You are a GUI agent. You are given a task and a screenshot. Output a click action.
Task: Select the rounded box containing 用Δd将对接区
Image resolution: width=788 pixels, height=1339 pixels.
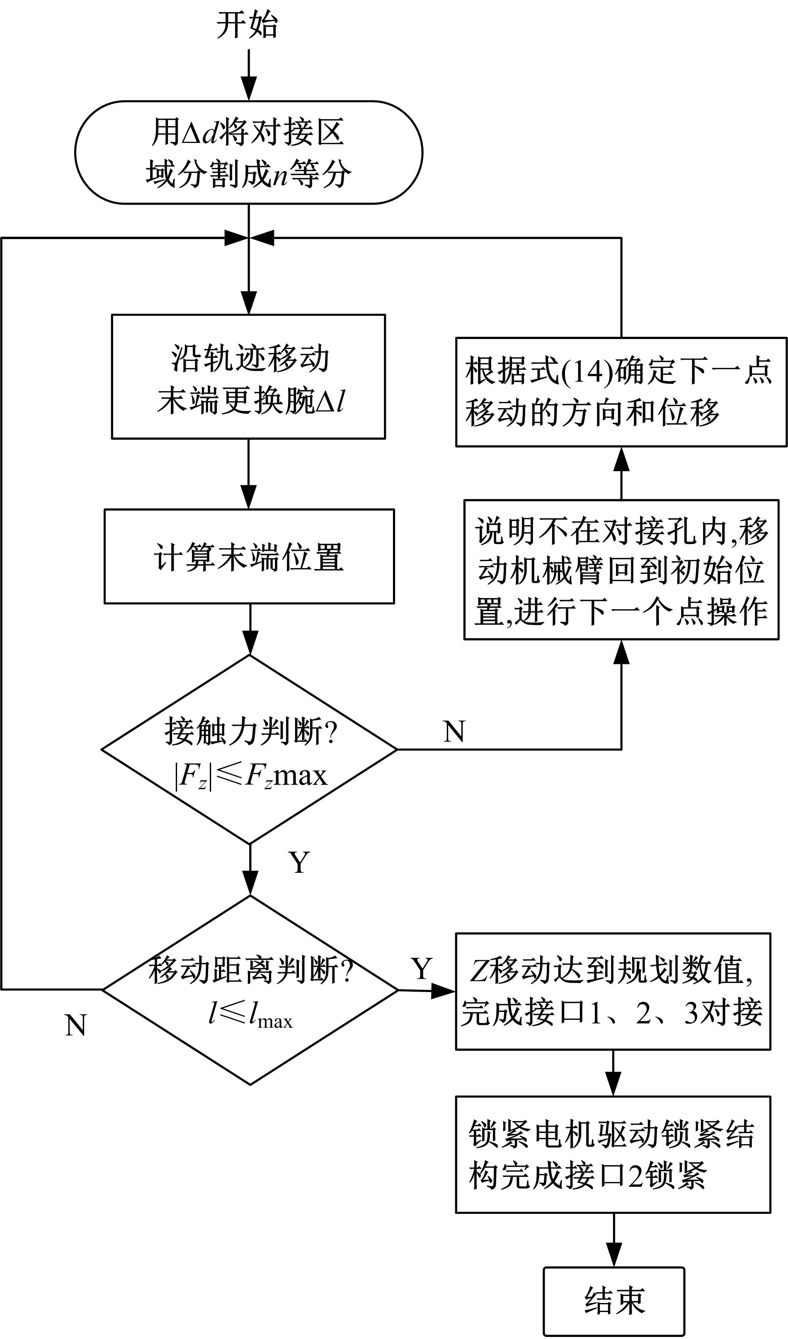(248, 153)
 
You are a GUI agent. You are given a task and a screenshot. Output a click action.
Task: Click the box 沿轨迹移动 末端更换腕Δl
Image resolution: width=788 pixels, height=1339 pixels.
(248, 377)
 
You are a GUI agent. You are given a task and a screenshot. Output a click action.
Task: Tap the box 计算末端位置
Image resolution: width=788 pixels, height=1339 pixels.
(249, 556)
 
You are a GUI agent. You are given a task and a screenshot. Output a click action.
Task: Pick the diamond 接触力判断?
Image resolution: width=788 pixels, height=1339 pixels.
(249, 749)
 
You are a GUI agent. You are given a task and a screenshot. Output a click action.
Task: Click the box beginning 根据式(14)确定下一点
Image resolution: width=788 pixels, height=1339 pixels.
(621, 392)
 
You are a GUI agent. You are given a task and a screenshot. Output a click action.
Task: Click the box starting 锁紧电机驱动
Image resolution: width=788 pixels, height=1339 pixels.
(613, 1155)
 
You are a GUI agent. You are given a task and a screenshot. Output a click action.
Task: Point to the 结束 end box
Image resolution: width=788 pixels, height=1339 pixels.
(614, 1301)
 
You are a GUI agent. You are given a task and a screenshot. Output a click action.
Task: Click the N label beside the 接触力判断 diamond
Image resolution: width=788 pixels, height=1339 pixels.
(454, 732)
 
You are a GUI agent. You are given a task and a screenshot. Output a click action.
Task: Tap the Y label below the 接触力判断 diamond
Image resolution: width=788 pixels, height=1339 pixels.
(299, 862)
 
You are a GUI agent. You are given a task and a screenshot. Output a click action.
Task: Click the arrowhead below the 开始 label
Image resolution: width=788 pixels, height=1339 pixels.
(249, 88)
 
